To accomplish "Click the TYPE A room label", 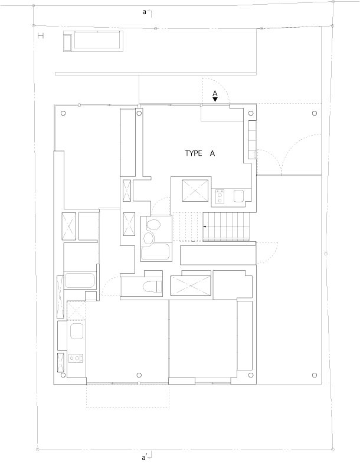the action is point(200,153).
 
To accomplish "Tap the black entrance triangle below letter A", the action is point(215,99).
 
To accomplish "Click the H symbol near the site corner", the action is point(40,36).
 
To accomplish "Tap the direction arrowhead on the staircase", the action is point(204,226).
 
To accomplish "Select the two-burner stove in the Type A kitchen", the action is point(220,196).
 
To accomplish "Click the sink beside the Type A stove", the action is point(238,196).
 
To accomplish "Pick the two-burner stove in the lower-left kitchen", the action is point(76,358).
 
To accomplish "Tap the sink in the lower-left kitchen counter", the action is point(77,331).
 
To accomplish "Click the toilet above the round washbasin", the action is point(153,225).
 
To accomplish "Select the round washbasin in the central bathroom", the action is point(149,238).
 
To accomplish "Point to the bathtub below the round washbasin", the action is point(155,251).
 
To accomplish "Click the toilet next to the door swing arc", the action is point(152,286).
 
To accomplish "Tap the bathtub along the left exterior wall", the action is point(80,281).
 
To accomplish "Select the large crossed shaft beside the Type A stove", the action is point(195,190).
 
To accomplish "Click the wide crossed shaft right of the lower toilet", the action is point(191,285).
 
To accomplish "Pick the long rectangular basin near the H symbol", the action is point(93,41).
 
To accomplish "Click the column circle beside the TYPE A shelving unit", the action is point(251,113).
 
